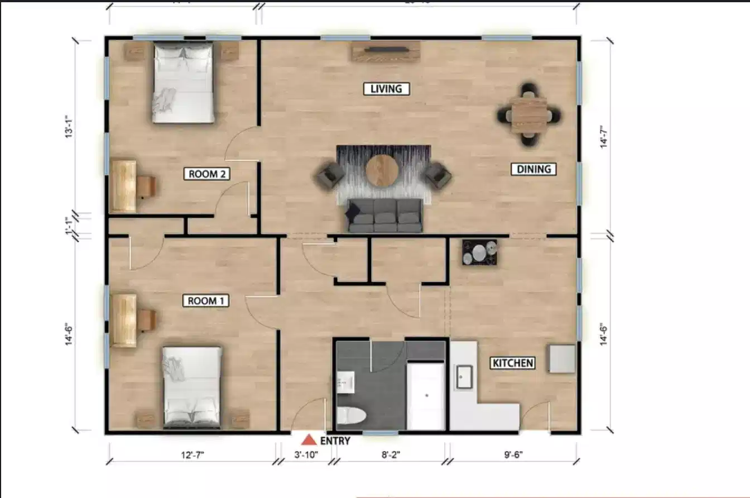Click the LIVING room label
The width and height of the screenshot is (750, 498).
[386, 89]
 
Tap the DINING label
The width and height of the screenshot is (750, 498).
[533, 169]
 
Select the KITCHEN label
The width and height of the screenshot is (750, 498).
[513, 363]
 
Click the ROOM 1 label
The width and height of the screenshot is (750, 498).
[206, 301]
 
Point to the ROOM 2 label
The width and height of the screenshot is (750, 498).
[206, 174]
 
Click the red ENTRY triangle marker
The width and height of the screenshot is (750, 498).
[309, 440]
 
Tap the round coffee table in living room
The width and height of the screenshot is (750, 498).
[382, 170]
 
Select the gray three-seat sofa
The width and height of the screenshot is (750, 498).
[385, 216]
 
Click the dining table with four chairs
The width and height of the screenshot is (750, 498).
[528, 114]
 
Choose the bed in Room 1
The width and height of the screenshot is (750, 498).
[192, 387]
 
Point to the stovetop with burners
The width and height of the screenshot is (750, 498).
[480, 252]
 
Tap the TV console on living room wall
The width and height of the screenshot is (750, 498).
[386, 52]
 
